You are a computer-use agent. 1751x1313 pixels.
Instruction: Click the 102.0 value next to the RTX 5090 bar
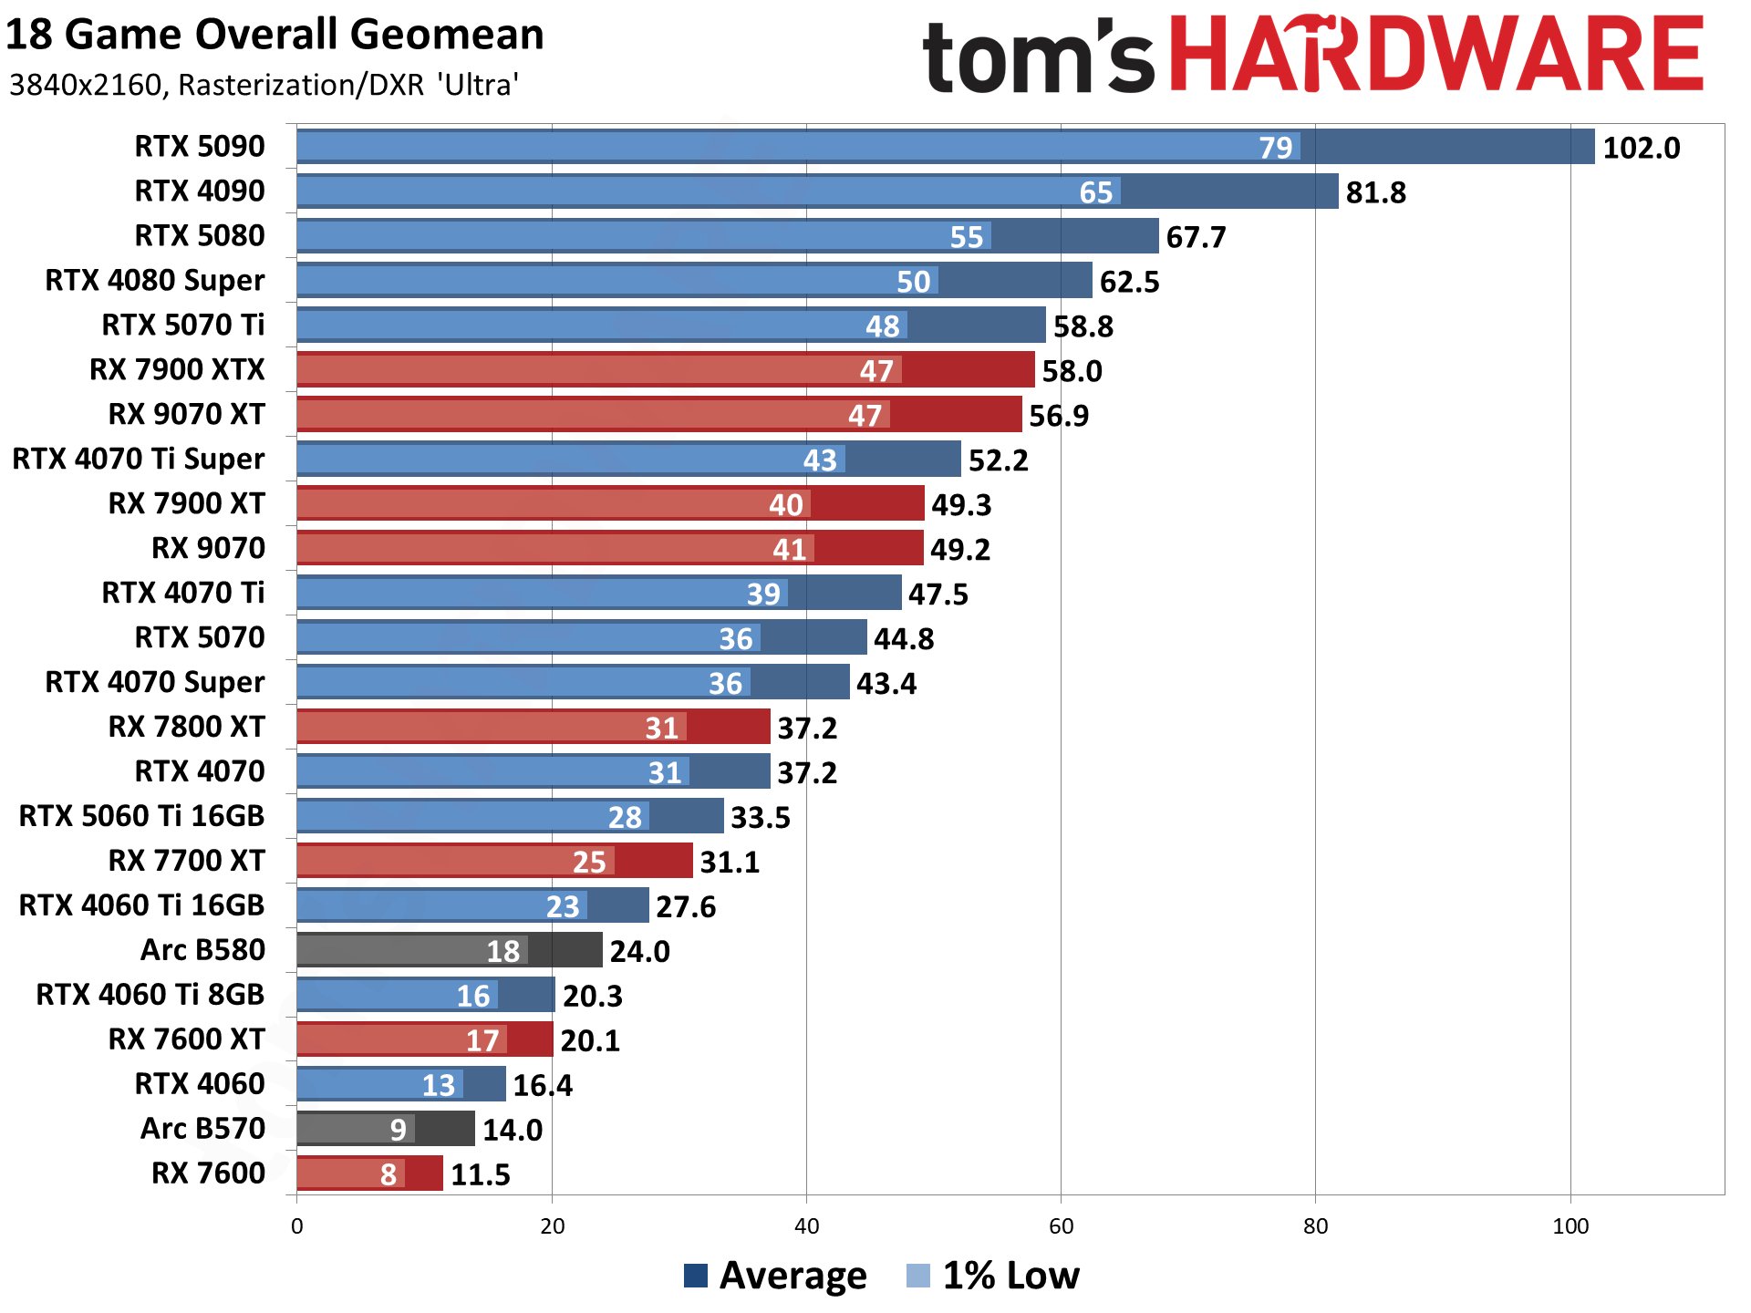(x=1641, y=148)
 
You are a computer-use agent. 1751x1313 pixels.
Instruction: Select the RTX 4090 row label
(x=199, y=191)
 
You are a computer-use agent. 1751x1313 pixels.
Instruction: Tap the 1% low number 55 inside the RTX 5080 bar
(x=966, y=237)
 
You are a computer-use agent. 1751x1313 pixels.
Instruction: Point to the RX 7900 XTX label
(x=177, y=369)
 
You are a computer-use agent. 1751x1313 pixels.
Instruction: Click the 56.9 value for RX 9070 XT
(x=1058, y=416)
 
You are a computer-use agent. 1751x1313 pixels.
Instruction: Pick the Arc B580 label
(x=202, y=950)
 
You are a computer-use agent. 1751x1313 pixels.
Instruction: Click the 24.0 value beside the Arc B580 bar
(x=639, y=952)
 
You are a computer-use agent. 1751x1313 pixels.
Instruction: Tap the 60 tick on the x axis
(x=1061, y=1226)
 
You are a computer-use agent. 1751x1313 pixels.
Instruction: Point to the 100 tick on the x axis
(x=1570, y=1226)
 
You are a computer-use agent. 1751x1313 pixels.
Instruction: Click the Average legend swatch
(x=695, y=1276)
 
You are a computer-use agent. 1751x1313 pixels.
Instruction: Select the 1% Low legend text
(x=1010, y=1276)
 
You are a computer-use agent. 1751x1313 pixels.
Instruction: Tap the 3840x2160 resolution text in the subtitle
(x=85, y=85)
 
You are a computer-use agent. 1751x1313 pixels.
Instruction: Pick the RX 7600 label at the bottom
(x=208, y=1173)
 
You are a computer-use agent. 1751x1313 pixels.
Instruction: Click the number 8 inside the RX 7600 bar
(x=389, y=1174)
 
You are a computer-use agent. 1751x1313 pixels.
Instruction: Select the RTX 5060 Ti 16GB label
(x=141, y=816)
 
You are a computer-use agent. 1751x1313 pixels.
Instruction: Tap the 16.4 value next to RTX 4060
(x=542, y=1085)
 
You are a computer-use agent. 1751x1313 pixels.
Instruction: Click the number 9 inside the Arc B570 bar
(x=398, y=1130)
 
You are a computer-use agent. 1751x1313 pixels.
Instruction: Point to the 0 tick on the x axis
(x=296, y=1226)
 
